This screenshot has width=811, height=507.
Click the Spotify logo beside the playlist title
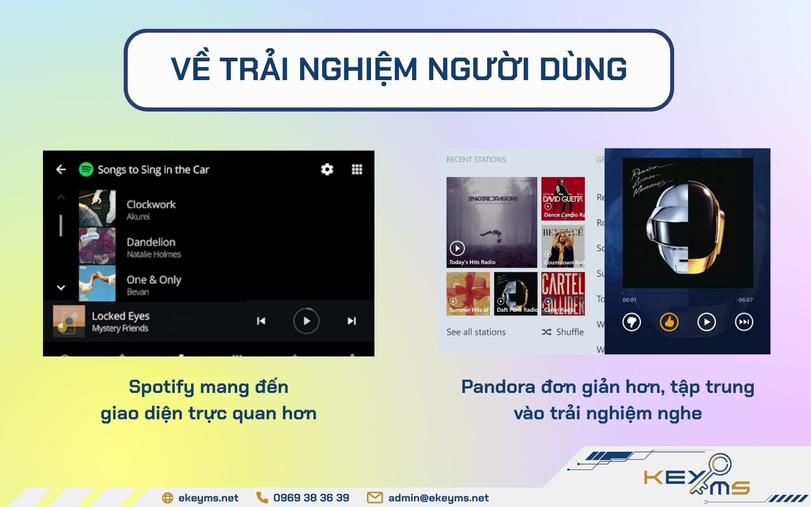pos(86,169)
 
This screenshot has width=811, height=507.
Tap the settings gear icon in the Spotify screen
pos(327,169)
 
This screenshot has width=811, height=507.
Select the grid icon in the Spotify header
pos(357,169)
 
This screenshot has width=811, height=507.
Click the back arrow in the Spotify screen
pos(61,169)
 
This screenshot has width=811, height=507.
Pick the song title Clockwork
pos(151,204)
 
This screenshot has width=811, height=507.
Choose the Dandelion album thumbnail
pos(97,245)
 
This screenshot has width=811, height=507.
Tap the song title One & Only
pos(154,280)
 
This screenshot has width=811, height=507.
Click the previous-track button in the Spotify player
pos(261,321)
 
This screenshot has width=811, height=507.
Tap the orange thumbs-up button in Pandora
pos(669,321)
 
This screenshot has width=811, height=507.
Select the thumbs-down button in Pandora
pos(632,321)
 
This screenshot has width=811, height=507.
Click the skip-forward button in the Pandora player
pos(744,321)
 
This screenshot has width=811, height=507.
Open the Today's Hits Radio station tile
pos(491,222)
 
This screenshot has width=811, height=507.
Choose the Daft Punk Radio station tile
pos(515,294)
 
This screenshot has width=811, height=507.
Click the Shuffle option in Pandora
pos(563,332)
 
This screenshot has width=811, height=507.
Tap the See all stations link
pos(476,332)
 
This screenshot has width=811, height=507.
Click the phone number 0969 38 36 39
pos(311,498)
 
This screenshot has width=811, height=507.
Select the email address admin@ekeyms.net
pos(438,498)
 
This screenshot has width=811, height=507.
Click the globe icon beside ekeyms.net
pos(167,498)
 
